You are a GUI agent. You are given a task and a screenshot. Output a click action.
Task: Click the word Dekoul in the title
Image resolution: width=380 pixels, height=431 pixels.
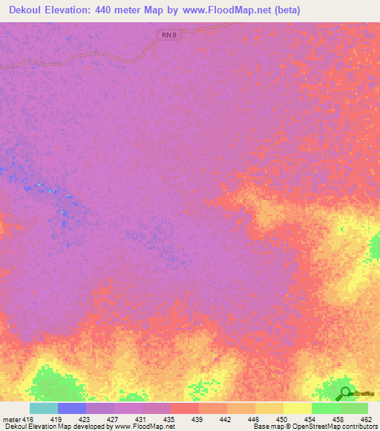click(30, 10)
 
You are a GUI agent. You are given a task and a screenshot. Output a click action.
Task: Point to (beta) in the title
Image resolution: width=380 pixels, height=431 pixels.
click(286, 10)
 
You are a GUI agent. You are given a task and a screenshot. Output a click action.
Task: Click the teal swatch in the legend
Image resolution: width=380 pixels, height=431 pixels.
click(43, 408)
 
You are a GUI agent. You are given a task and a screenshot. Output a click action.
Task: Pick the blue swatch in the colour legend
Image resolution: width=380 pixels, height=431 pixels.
click(71, 408)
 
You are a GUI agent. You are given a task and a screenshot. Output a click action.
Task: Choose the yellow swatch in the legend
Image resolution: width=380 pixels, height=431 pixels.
click(297, 408)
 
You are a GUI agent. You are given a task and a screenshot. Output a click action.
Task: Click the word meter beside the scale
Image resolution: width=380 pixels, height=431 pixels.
click(11, 418)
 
